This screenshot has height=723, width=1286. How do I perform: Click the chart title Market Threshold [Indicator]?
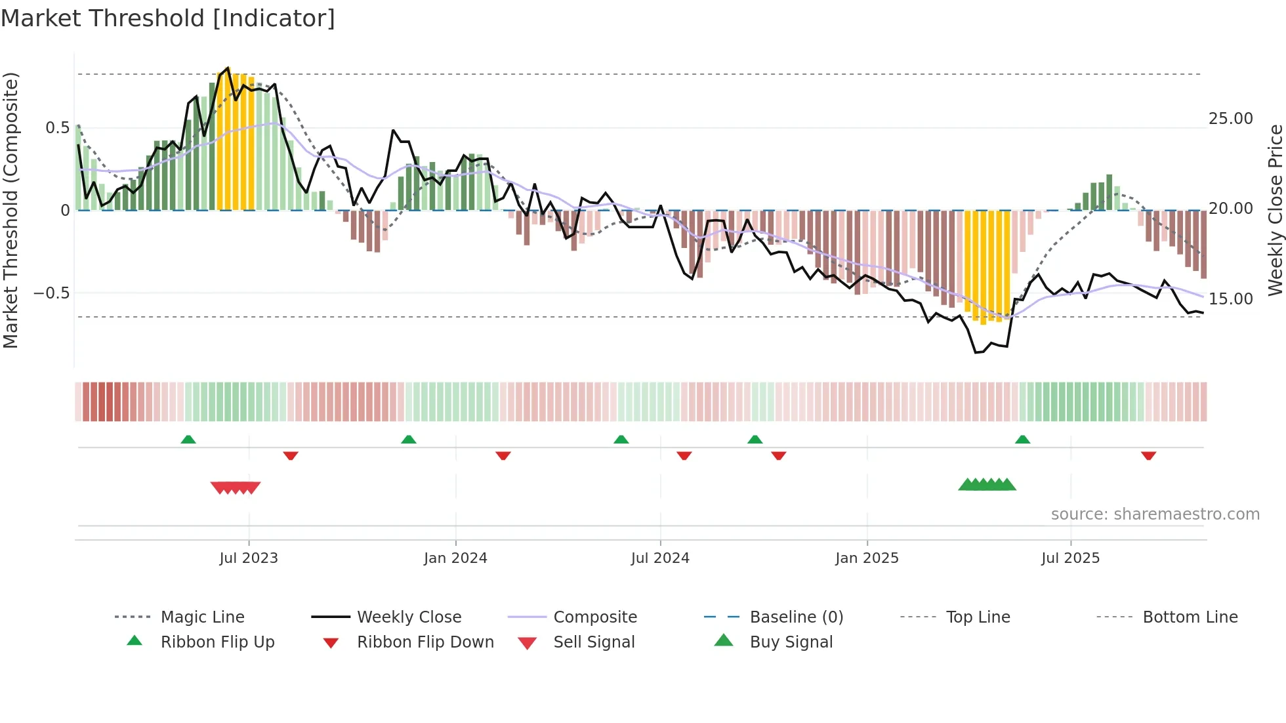click(x=168, y=18)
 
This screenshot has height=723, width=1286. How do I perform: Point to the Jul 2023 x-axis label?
click(x=249, y=558)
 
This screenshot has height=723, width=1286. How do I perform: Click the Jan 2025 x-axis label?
click(x=867, y=558)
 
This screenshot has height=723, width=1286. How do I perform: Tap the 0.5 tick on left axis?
click(x=57, y=128)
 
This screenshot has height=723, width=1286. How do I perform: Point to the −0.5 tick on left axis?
click(x=52, y=293)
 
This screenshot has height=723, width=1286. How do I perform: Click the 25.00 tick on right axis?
click(x=1230, y=119)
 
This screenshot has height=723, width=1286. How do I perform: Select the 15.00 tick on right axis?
click(x=1230, y=299)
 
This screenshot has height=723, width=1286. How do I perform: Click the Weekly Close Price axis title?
click(x=1275, y=210)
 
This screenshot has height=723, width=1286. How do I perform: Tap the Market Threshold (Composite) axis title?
click(x=11, y=210)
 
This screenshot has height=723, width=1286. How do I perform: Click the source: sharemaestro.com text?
click(x=1155, y=514)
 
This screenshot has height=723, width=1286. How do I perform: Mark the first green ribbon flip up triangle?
click(x=188, y=440)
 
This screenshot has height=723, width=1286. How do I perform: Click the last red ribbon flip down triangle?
click(x=1148, y=455)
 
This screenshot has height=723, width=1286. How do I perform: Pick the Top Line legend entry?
click(x=978, y=617)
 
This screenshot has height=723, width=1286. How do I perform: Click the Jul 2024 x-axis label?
click(x=660, y=558)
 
